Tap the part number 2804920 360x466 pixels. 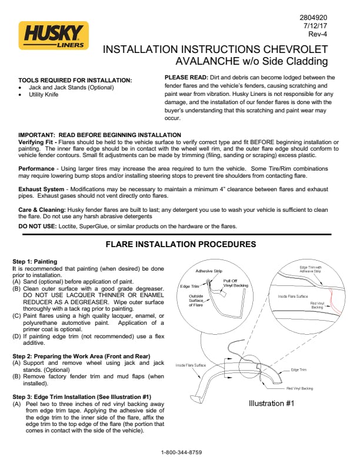tap(313, 17)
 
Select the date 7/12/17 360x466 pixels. tap(316, 26)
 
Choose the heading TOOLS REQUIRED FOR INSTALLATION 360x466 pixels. tap(75, 80)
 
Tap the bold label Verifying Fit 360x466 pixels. tap(36, 142)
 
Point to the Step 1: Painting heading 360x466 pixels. tap(35, 261)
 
